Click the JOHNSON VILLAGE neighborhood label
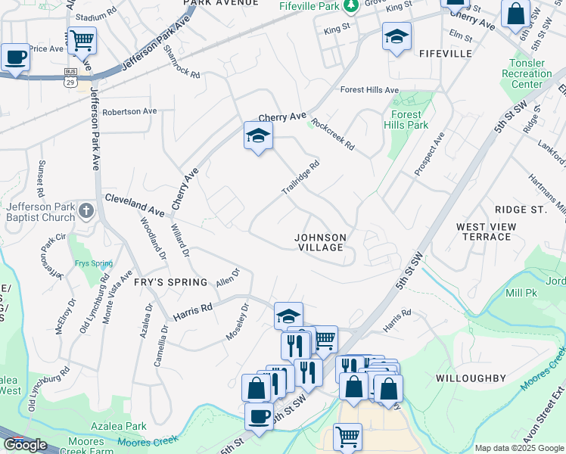321,242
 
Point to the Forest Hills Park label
406,120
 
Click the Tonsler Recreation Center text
527,73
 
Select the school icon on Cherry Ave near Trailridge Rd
258,136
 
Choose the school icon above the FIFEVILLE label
397,37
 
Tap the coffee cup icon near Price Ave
14,57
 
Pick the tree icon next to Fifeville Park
350,6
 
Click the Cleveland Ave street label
135,203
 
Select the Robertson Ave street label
130,111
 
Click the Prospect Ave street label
429,155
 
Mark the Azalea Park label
118,427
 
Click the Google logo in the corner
25,444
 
